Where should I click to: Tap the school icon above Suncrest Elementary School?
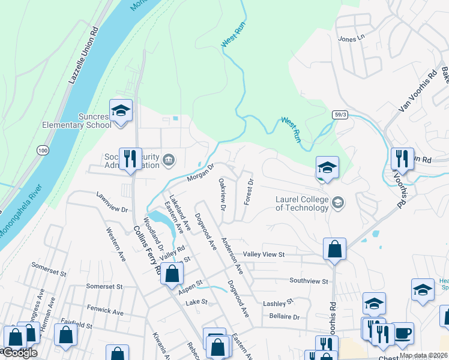point(121,111)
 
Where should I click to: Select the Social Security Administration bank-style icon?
point(169,160)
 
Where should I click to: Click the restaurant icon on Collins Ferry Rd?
point(130,160)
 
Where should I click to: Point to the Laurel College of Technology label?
point(302,203)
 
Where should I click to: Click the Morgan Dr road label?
point(200,173)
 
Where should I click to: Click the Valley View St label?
point(264,254)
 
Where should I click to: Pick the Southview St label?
point(309,281)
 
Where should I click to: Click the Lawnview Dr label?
point(112,202)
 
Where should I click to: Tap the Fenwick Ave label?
point(105,313)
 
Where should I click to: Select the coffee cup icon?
point(403,332)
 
